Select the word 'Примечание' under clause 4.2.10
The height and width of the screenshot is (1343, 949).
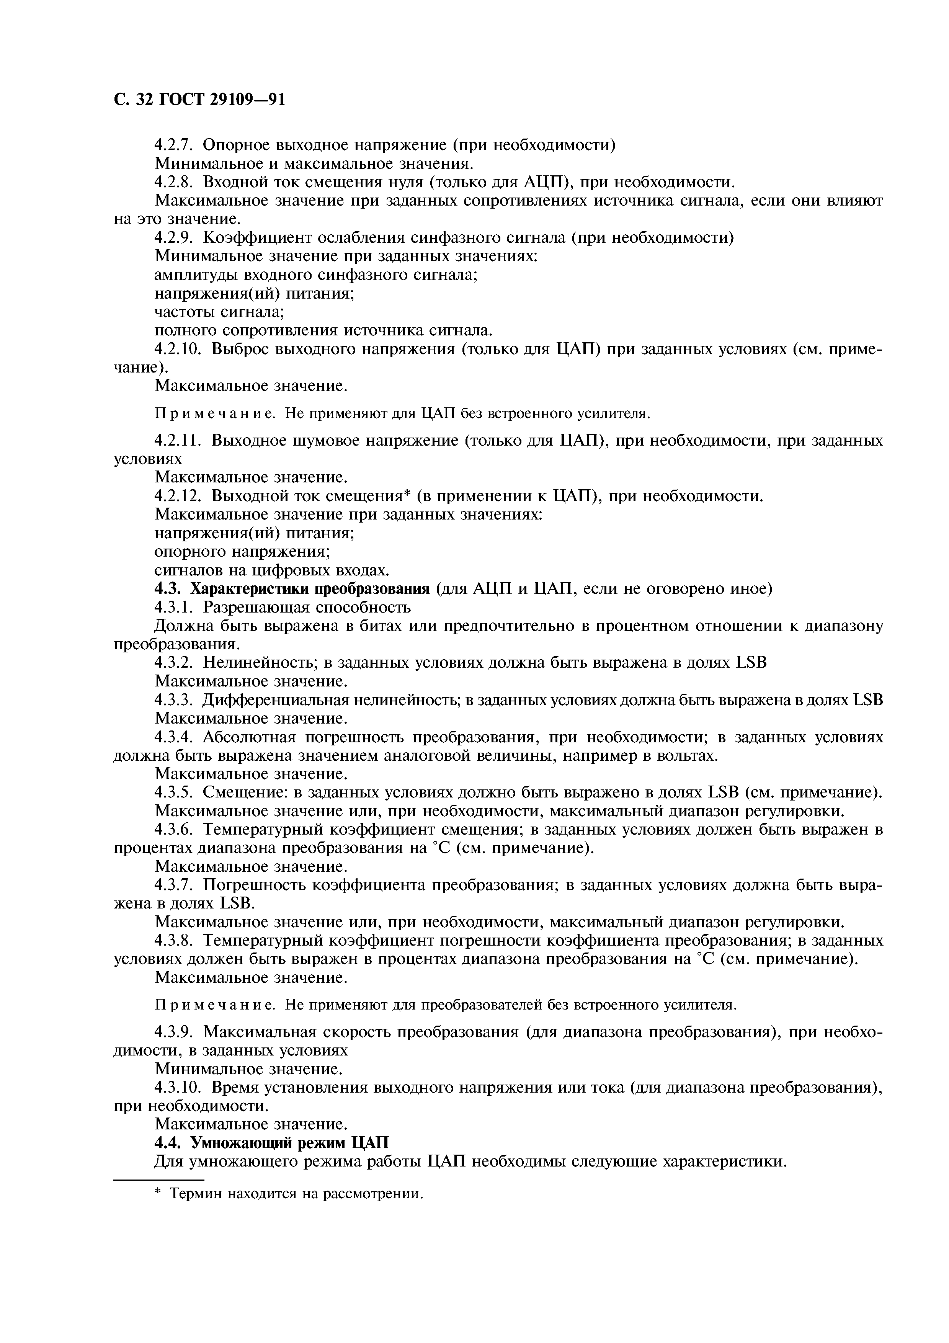(216, 414)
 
